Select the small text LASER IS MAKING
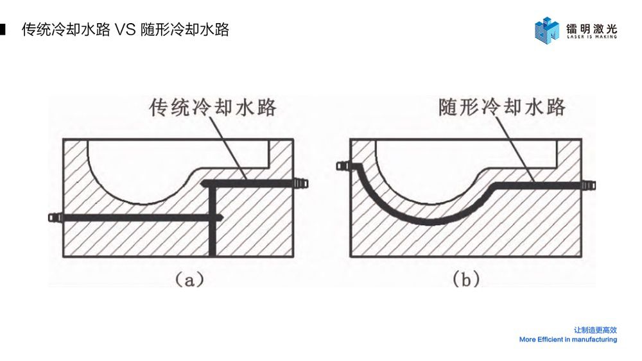[591, 37]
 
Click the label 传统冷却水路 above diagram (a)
[213, 107]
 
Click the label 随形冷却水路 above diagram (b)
[502, 106]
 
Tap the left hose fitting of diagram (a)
[55, 218]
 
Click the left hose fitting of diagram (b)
[343, 167]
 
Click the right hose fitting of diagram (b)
[587, 185]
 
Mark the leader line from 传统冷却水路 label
[229, 148]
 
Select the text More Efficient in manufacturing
[568, 340]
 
